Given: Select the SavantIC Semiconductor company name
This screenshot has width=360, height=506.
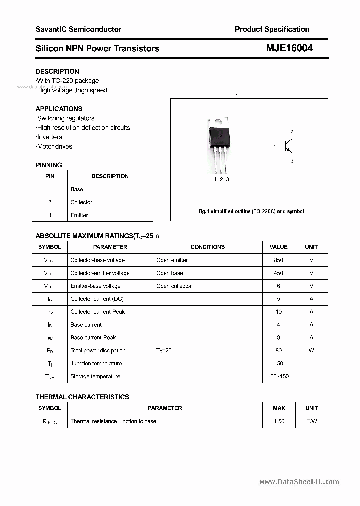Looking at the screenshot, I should [78, 29].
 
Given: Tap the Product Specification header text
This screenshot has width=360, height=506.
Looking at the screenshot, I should [272, 29].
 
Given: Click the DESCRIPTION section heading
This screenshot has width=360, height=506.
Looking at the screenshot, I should [57, 71].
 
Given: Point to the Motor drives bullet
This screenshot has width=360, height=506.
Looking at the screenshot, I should [54, 146].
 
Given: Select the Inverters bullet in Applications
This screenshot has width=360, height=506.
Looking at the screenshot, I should [49, 137].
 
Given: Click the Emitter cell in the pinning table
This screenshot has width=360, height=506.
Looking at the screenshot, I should [79, 215].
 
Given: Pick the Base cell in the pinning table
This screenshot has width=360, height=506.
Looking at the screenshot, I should [77, 189].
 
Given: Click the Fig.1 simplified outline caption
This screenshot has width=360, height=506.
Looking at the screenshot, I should [251, 211].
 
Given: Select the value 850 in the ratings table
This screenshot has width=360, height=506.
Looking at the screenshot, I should [278, 260].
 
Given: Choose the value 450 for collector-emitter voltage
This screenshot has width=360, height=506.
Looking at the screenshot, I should [278, 273].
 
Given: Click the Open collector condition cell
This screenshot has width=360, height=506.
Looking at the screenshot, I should [174, 286].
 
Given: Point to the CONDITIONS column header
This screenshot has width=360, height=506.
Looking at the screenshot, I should [207, 247].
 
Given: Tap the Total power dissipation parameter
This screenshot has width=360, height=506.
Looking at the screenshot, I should [98, 351].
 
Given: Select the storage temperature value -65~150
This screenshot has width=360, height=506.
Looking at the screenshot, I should [278, 376].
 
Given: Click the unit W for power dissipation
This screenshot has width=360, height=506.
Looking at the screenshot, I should [311, 351].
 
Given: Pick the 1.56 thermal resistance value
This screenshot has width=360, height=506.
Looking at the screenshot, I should [279, 421].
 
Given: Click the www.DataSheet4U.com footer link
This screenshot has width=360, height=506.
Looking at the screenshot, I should [299, 482].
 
